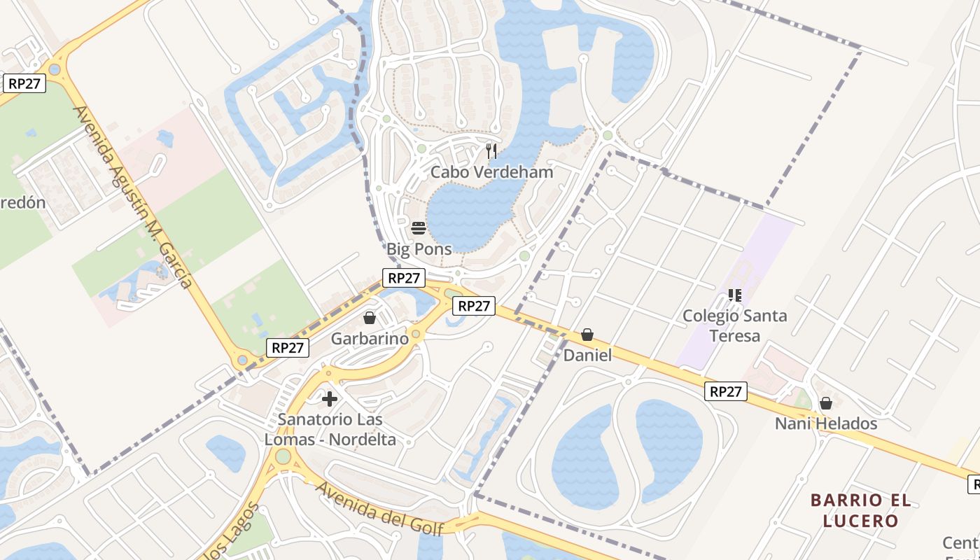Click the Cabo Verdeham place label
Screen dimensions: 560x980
pyautogui.click(x=491, y=172)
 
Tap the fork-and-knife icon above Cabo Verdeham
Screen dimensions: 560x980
pyautogui.click(x=491, y=150)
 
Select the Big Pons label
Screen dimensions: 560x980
pyautogui.click(x=419, y=248)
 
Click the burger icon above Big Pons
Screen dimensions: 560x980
pyautogui.click(x=419, y=227)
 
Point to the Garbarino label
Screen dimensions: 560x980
pyautogui.click(x=370, y=339)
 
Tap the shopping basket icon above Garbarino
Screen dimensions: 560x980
pyautogui.click(x=370, y=318)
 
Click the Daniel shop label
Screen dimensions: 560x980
pyautogui.click(x=587, y=356)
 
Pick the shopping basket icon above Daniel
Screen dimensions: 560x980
pyautogui.click(x=587, y=335)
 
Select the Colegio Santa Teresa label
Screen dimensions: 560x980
pyautogui.click(x=734, y=325)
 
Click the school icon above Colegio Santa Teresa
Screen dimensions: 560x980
pyautogui.click(x=734, y=295)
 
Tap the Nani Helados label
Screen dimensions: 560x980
pyautogui.click(x=826, y=423)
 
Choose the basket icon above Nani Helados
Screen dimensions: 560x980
pyautogui.click(x=826, y=403)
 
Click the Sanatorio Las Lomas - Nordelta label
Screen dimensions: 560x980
pyautogui.click(x=330, y=430)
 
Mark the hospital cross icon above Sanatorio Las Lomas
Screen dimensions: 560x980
pyautogui.click(x=330, y=400)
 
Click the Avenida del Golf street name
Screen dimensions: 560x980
pyautogui.click(x=379, y=507)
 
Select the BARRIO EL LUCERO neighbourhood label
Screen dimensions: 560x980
pyautogui.click(x=861, y=510)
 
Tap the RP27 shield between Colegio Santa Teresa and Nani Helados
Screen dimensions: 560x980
pyautogui.click(x=725, y=391)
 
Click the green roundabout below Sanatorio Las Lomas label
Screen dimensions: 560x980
pyautogui.click(x=283, y=457)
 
